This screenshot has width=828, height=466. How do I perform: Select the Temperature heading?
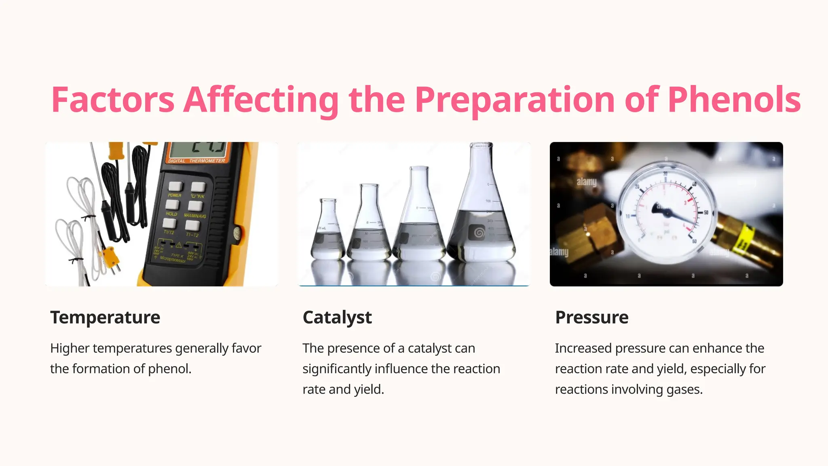(105, 317)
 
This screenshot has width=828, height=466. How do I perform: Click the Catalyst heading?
(337, 317)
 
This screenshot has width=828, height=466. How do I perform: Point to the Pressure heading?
(591, 317)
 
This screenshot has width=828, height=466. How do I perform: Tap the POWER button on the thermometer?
(175, 186)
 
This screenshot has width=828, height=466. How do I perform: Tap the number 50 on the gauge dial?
(706, 212)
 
